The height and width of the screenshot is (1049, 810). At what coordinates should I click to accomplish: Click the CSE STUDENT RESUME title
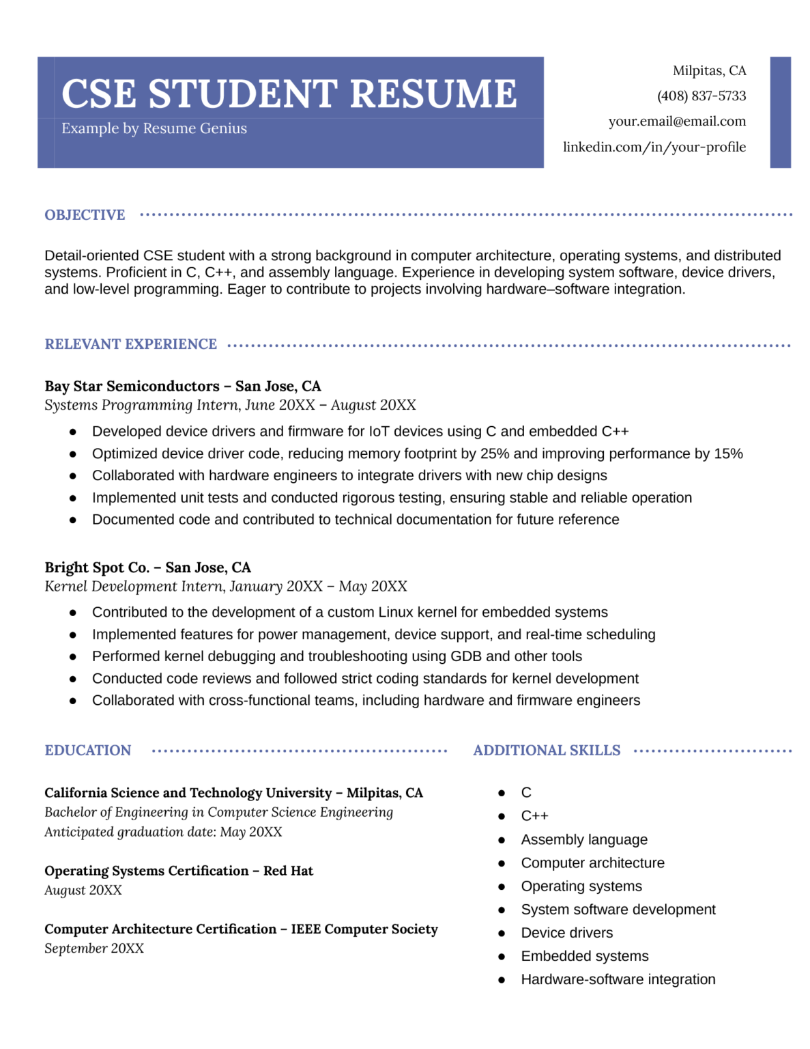click(x=289, y=94)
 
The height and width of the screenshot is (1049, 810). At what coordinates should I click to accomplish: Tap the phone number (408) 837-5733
click(x=701, y=96)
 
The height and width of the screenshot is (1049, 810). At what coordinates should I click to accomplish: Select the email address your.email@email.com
click(x=676, y=122)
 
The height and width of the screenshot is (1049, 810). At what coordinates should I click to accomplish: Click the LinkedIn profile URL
click(x=654, y=148)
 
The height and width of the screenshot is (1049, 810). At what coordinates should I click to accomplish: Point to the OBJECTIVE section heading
click(x=85, y=215)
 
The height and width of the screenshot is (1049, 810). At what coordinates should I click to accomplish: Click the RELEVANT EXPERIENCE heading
click(x=130, y=344)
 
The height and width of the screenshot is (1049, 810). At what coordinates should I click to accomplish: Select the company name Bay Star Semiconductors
click(x=132, y=387)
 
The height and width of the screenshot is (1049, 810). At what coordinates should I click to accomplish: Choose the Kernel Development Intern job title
click(x=134, y=587)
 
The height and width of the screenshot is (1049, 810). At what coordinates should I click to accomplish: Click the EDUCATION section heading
click(x=87, y=751)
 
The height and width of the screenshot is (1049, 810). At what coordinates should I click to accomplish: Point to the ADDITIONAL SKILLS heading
click(x=547, y=751)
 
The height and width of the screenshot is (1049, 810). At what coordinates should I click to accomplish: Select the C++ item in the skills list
click(x=534, y=816)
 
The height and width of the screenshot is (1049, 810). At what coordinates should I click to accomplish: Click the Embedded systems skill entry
click(x=584, y=956)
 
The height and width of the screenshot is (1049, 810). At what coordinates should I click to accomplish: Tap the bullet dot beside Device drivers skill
click(x=502, y=934)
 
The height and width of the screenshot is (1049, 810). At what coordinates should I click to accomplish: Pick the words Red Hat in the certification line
click(x=288, y=871)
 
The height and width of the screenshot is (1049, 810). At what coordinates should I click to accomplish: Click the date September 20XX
click(x=94, y=949)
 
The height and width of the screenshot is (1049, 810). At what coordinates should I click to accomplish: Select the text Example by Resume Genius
click(x=154, y=129)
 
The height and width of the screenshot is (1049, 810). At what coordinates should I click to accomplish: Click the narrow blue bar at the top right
click(x=779, y=113)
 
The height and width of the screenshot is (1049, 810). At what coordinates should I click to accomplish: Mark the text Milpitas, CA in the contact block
click(x=709, y=71)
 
